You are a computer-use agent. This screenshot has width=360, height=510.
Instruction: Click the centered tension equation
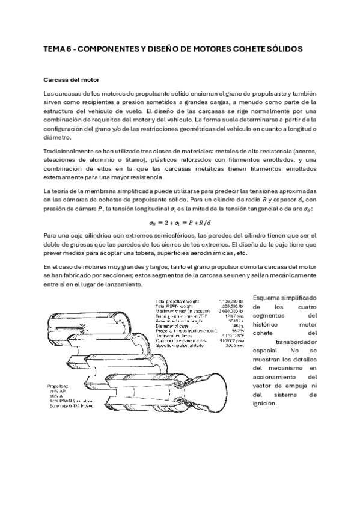tap(180, 221)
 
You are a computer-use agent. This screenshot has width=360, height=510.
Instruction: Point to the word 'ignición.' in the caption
tap(265, 403)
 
